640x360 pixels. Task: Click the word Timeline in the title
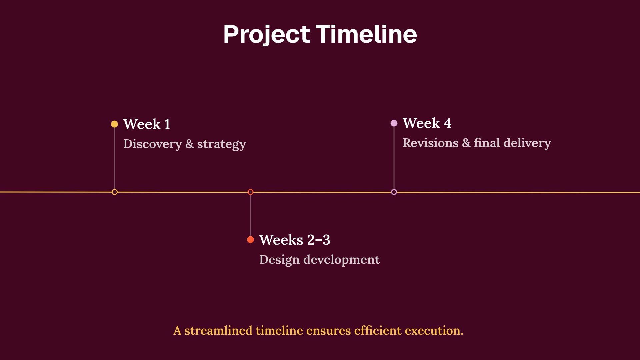click(366, 34)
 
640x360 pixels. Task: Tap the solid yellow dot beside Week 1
click(114, 124)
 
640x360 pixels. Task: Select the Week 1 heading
click(147, 124)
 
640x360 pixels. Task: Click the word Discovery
click(152, 144)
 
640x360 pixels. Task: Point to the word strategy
click(221, 144)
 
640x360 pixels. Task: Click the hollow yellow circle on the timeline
click(115, 192)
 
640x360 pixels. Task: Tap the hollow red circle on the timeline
click(250, 192)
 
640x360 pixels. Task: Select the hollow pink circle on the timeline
click(394, 192)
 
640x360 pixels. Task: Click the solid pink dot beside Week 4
click(394, 123)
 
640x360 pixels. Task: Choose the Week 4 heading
click(427, 123)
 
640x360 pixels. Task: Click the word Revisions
click(430, 143)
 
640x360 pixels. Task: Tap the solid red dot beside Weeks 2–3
click(250, 240)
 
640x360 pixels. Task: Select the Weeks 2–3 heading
click(295, 240)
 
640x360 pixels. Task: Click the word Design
click(279, 260)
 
